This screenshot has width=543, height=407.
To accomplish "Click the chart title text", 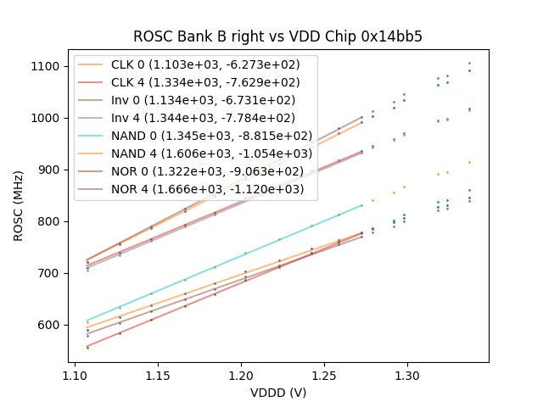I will (x=277, y=37).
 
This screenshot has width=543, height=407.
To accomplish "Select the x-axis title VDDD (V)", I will (x=277, y=393).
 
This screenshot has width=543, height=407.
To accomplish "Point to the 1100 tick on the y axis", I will (x=46, y=66).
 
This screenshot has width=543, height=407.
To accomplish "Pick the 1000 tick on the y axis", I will (x=46, y=118).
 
